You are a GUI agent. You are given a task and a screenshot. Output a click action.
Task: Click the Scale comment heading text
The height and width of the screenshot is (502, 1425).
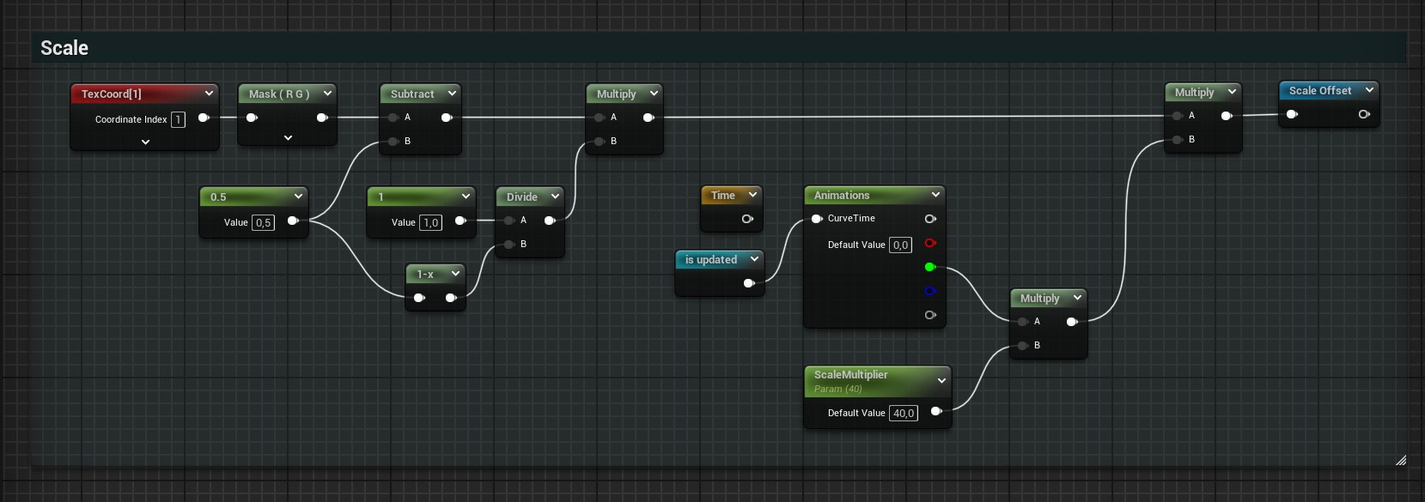tap(64, 48)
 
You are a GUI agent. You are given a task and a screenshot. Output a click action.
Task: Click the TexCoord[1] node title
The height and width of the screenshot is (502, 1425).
tap(112, 94)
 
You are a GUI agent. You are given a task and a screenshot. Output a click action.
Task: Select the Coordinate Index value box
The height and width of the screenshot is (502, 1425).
tap(178, 119)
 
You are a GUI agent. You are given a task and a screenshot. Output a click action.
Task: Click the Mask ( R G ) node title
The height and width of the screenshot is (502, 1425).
tap(279, 94)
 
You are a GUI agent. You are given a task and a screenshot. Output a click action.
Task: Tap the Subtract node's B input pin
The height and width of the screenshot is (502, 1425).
tap(393, 141)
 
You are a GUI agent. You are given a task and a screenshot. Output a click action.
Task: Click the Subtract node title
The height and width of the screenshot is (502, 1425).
tap(412, 94)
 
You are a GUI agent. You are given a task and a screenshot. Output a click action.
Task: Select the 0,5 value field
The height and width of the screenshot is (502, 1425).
tap(264, 222)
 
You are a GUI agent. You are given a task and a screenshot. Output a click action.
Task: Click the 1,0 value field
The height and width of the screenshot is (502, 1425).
tap(430, 222)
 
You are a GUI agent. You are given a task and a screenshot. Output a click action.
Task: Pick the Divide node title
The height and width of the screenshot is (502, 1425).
tap(521, 197)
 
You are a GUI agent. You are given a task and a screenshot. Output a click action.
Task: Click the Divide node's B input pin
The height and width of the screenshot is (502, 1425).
tap(508, 244)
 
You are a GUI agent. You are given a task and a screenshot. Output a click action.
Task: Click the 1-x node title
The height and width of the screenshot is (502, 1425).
tap(425, 275)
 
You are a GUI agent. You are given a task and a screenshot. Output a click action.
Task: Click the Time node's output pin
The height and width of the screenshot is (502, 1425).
tap(747, 219)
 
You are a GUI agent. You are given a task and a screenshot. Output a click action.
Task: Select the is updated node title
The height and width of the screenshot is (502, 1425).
tap(710, 260)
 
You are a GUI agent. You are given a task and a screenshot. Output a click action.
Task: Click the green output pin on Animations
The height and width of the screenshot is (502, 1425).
tap(930, 267)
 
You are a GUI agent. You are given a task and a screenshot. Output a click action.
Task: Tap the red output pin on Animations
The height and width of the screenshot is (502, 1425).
tap(930, 243)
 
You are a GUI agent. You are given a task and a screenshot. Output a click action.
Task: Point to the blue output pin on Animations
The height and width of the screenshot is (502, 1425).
tap(930, 291)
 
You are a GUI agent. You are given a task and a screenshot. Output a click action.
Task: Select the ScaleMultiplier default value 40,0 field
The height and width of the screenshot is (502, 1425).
tap(904, 413)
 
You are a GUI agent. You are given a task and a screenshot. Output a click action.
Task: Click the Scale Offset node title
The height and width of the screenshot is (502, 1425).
tap(1320, 91)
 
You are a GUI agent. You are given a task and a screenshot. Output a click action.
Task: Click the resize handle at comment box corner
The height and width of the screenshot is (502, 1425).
tap(1401, 460)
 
